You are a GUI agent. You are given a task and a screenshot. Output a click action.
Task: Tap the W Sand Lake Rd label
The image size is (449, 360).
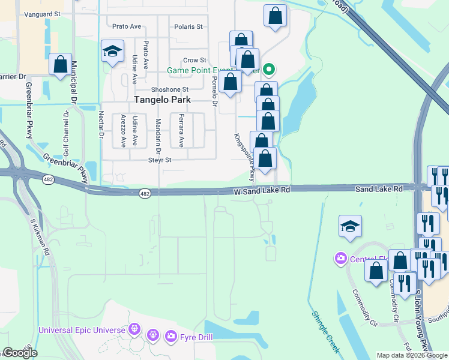[262, 190]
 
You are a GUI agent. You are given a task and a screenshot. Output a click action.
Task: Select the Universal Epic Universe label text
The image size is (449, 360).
[82, 330]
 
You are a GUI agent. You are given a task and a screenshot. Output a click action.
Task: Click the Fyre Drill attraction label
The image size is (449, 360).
[196, 337]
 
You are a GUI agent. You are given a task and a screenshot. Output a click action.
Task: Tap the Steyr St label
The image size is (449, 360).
[160, 160]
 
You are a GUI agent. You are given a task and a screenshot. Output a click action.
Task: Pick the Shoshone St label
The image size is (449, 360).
[169, 89]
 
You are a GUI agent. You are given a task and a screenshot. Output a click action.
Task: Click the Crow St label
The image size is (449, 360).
[194, 60]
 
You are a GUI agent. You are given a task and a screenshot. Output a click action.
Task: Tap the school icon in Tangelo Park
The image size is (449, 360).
[112, 52]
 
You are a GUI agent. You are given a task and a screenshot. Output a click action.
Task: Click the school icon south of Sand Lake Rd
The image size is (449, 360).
[350, 226]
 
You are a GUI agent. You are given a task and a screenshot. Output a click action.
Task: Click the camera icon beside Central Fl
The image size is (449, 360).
[340, 259]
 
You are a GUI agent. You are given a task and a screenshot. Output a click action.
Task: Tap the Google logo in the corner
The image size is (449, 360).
[19, 353]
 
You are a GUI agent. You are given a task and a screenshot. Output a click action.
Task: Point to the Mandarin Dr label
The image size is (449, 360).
[158, 133]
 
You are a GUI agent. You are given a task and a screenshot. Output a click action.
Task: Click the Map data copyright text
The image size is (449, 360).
[412, 355]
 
